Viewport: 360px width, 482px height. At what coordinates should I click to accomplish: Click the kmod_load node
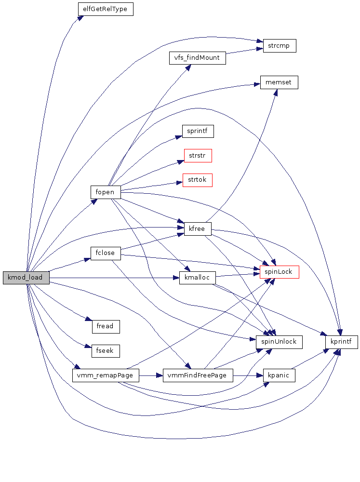(26, 278)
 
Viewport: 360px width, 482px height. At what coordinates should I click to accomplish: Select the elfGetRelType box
(105, 9)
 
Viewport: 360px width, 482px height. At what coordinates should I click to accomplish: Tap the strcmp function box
(279, 46)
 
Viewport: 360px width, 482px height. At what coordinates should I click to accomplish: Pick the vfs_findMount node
(197, 58)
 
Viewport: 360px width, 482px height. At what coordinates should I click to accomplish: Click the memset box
(279, 82)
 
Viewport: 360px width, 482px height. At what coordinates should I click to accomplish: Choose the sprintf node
(198, 131)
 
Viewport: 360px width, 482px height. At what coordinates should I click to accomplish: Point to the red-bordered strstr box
(198, 156)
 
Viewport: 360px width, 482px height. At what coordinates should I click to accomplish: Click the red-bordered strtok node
(198, 180)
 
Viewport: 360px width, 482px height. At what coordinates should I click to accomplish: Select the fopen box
(105, 192)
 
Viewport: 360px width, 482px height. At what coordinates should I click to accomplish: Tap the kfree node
(198, 229)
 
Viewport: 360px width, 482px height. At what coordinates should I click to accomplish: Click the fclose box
(105, 254)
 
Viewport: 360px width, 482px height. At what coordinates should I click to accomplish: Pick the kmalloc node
(197, 278)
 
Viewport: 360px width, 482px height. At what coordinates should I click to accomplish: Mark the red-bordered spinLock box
(279, 272)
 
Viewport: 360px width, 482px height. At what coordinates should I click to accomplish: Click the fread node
(105, 326)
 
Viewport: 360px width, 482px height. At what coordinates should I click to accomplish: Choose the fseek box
(105, 351)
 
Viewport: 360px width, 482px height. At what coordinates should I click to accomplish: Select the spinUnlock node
(279, 342)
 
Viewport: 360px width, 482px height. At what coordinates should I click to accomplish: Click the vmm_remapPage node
(105, 375)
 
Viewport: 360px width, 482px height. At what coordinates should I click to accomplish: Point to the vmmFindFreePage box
(198, 375)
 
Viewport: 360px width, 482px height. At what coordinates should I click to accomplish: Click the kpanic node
(279, 375)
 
